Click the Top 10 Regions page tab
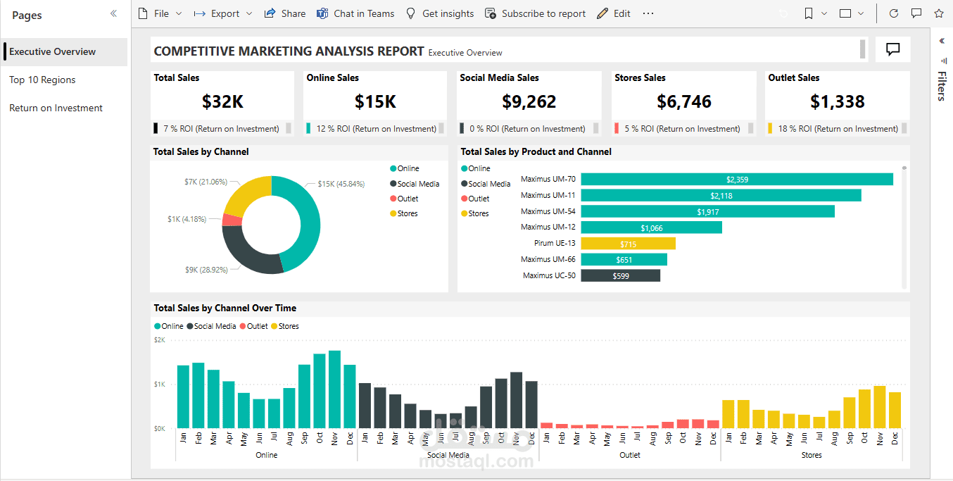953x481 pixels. click(x=42, y=80)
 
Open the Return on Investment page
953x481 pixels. click(x=56, y=108)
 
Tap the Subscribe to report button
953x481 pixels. click(x=536, y=13)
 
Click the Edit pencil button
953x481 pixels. click(x=614, y=13)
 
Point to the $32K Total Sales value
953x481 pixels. click(x=222, y=101)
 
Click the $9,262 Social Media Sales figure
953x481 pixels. click(x=529, y=101)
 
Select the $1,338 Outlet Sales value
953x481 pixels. click(x=837, y=101)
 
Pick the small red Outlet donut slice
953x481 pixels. click(x=232, y=220)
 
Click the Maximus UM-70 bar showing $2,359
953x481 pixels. click(x=736, y=180)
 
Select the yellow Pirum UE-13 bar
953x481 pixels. click(x=628, y=244)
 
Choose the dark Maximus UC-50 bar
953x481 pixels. click(x=620, y=276)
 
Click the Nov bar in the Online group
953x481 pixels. click(x=334, y=389)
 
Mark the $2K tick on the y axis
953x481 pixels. click(x=159, y=340)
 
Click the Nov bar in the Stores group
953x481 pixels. click(x=879, y=406)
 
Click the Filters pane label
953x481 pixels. click(x=942, y=86)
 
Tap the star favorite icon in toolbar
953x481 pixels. click(x=938, y=13)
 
